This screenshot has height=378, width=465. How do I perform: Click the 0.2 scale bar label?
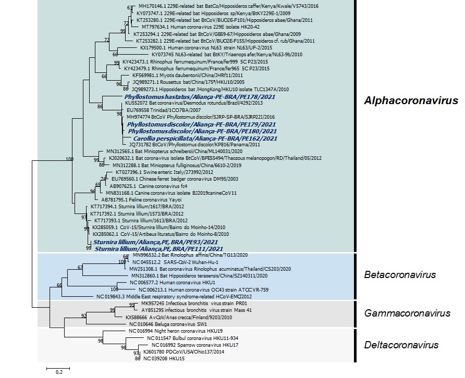58,372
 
